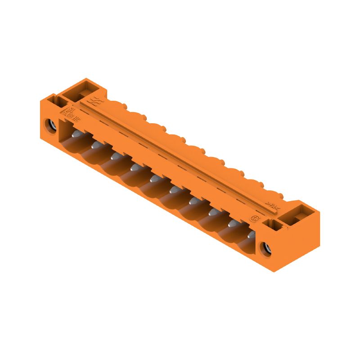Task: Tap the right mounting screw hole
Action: click(x=266, y=247)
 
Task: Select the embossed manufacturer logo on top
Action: click(x=96, y=100)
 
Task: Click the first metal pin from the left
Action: click(x=76, y=135)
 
